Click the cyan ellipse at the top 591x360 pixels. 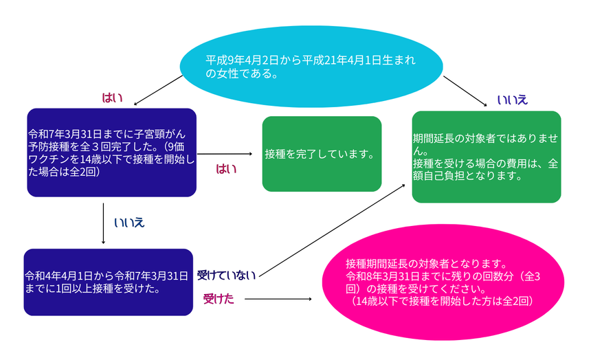[311, 67]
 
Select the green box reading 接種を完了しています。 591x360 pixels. [322, 154]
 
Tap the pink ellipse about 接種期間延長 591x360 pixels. [443, 282]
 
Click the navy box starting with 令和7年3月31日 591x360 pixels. [111, 153]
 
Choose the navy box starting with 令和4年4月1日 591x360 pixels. [108, 282]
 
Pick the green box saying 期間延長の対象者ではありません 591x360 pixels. [487, 157]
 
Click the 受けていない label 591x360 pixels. [226, 275]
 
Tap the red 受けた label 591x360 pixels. [219, 299]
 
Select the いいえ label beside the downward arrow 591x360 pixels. [129, 223]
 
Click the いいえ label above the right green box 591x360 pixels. [512, 100]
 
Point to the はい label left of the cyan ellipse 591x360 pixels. [112, 98]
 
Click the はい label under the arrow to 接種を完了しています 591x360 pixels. [226, 168]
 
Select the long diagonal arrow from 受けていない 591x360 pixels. [332, 231]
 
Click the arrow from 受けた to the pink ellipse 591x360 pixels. [278, 299]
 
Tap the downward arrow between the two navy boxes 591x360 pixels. [103, 223]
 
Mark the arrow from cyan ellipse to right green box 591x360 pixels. [465, 91]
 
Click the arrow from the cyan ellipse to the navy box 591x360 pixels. [158, 90]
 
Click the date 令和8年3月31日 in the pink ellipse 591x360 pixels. [383, 276]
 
